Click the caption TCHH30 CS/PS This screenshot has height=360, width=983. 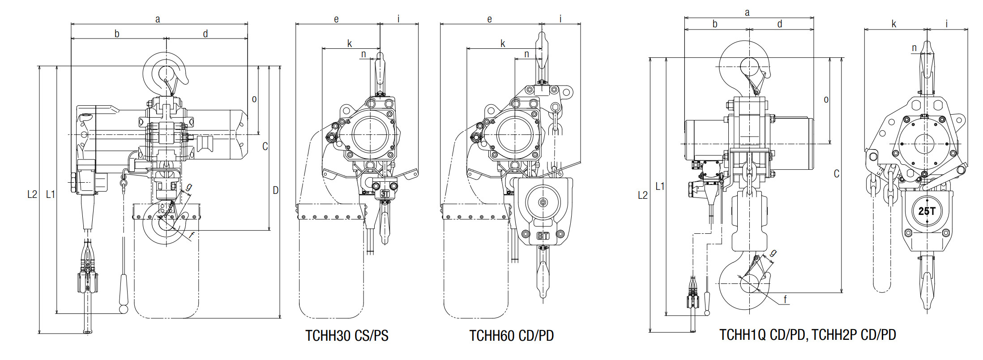point(347,336)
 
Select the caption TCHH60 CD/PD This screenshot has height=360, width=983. point(512,336)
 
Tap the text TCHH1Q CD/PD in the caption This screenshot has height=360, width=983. point(762,335)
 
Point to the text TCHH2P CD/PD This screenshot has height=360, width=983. point(854,335)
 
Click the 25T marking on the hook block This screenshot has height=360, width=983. point(927,211)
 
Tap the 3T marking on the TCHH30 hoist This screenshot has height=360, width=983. point(385,194)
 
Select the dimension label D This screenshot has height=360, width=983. point(275,190)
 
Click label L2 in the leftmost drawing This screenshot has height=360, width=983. point(32,194)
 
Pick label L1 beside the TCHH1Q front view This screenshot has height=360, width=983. point(660,186)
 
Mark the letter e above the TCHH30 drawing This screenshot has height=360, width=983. point(336,19)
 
